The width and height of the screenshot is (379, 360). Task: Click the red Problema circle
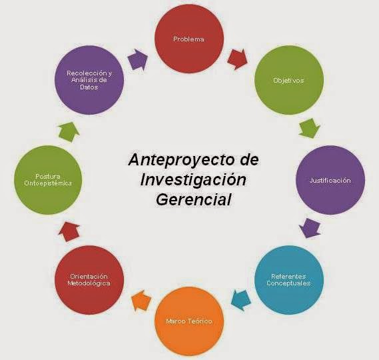tap(189, 39)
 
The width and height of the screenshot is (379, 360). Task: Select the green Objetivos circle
tap(289, 80)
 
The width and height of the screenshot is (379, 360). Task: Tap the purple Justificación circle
tap(330, 180)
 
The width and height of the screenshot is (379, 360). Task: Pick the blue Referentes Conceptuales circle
tap(289, 280)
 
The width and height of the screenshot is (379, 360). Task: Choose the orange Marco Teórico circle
tap(189, 321)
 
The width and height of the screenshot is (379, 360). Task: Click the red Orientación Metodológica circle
tap(89, 280)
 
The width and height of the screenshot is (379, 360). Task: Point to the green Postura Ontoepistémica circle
tap(48, 180)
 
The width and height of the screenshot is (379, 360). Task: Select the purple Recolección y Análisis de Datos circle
tap(89, 80)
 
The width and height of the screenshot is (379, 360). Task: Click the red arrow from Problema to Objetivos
tap(237, 59)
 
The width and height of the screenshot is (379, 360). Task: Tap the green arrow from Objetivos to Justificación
tap(309, 128)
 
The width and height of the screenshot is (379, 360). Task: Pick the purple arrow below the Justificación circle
tap(310, 228)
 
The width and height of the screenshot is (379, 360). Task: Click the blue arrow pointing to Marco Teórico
tap(240, 300)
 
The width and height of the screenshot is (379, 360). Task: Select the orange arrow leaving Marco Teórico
tap(141, 300)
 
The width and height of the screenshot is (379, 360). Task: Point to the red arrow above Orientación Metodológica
tap(69, 231)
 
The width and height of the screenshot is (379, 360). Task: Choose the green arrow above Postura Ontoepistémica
tap(69, 131)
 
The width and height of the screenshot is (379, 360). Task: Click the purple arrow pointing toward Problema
tap(137, 59)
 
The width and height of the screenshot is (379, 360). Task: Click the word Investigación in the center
tap(193, 180)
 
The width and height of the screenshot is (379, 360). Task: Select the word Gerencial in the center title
tap(193, 200)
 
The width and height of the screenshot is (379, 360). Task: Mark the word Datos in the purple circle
tap(89, 87)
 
